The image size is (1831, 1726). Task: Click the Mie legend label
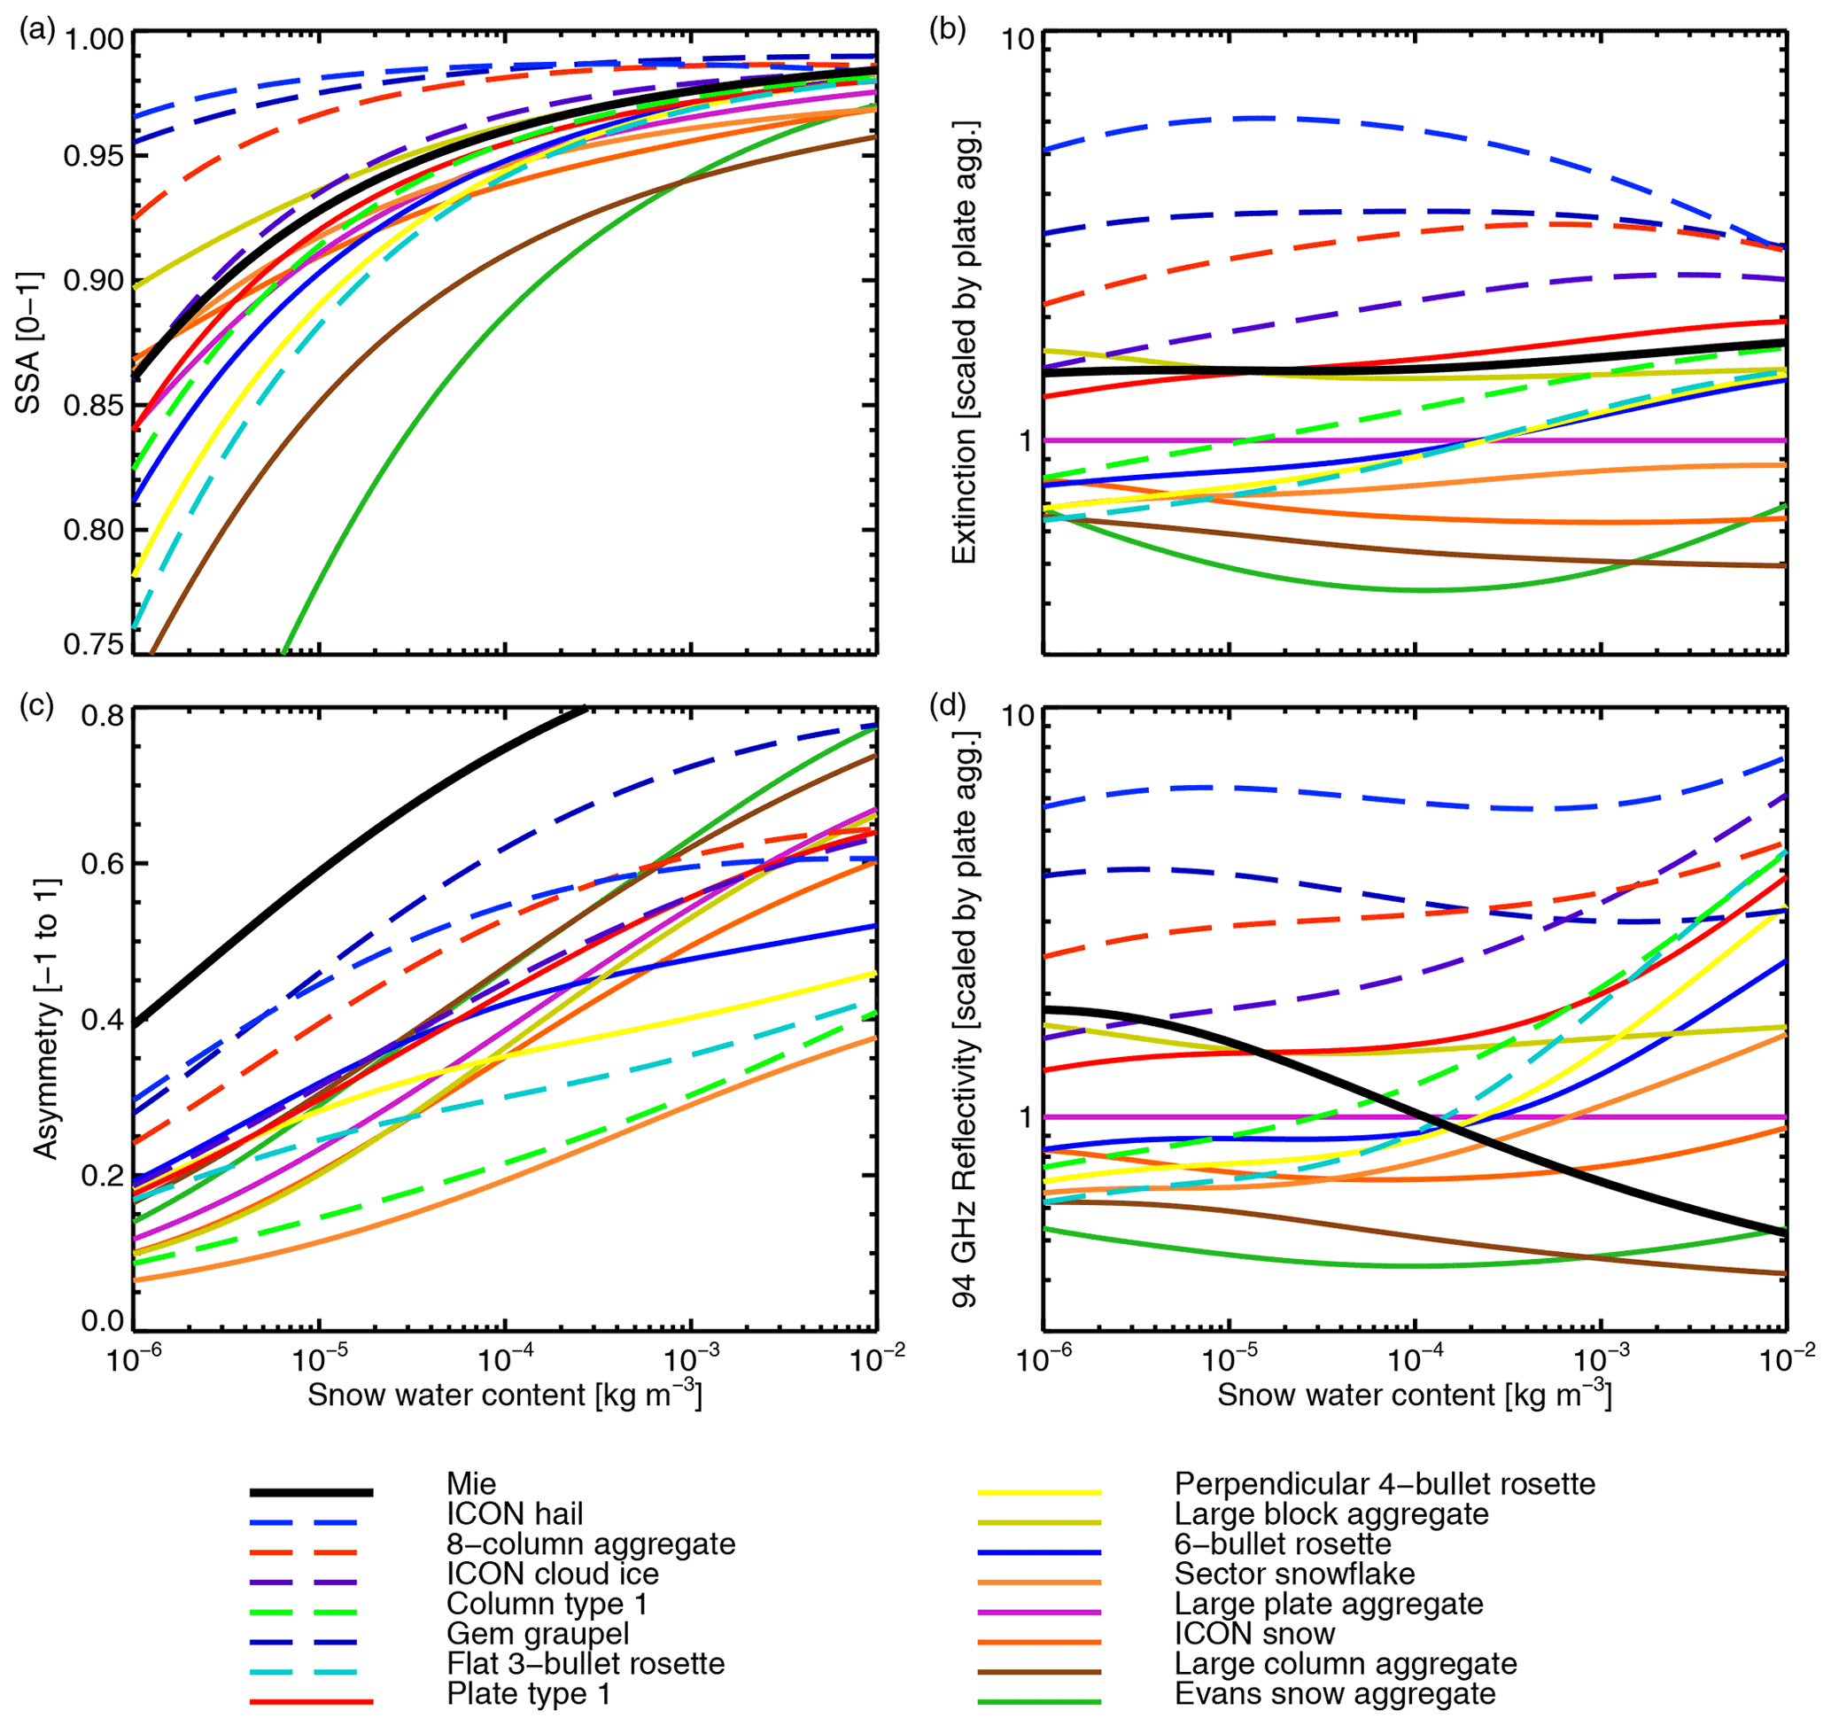(470, 1484)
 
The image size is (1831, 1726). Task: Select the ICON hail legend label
(514, 1514)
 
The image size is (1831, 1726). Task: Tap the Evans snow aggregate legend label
(1335, 1694)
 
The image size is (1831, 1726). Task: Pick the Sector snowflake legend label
(1294, 1574)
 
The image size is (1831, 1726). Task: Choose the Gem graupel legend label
(538, 1634)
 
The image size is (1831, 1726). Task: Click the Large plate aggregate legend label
(1328, 1604)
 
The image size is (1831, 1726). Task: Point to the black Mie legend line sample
(311, 1492)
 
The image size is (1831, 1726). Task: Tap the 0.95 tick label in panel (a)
(93, 156)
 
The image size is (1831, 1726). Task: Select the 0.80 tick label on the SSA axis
(93, 531)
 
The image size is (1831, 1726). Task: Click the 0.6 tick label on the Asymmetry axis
(102, 864)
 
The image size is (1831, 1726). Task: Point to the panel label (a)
(37, 31)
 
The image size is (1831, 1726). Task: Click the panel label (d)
(947, 705)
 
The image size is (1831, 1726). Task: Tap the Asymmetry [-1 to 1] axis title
(46, 1019)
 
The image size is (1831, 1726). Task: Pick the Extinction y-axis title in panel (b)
(965, 343)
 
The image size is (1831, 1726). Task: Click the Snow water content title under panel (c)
(505, 1395)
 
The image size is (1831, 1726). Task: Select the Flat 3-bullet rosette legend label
(586, 1663)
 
